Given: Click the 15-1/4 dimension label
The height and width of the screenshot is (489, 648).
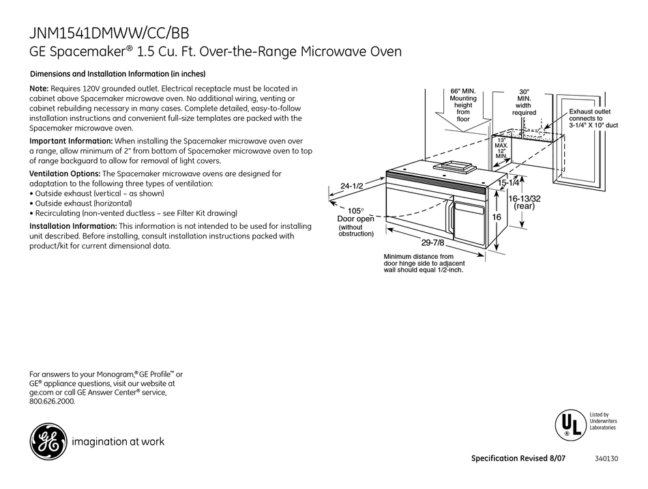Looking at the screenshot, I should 510,183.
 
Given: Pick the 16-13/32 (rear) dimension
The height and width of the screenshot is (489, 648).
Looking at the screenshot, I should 524,202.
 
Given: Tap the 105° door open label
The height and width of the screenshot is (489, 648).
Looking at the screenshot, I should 356,215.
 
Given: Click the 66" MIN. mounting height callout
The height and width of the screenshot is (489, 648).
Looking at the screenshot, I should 463,104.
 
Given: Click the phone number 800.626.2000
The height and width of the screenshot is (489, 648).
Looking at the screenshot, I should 53,402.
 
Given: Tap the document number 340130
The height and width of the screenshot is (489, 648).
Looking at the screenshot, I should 605,458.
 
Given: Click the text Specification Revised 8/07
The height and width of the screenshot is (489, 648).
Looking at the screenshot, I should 518,458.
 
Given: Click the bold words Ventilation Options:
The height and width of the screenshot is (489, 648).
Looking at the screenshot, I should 65,174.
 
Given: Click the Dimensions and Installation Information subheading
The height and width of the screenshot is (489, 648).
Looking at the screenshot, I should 118,74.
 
